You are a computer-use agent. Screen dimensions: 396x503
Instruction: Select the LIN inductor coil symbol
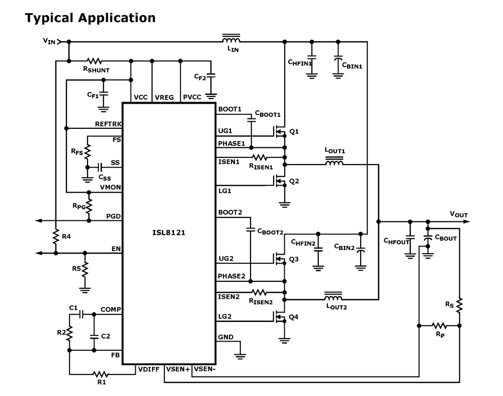point(231,40)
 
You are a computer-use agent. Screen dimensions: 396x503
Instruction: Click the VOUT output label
point(459,215)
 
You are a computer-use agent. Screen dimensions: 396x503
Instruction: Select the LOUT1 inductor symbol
point(334,163)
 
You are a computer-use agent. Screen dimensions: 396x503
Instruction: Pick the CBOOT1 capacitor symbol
point(250,120)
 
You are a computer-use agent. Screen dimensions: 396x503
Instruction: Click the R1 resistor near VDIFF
point(100,374)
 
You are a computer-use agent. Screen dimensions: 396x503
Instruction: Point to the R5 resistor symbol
point(86,268)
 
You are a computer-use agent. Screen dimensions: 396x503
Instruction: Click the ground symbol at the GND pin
point(241,356)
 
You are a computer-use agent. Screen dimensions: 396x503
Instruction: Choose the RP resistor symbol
point(439,325)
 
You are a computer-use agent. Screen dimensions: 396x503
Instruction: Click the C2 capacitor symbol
point(94,336)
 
